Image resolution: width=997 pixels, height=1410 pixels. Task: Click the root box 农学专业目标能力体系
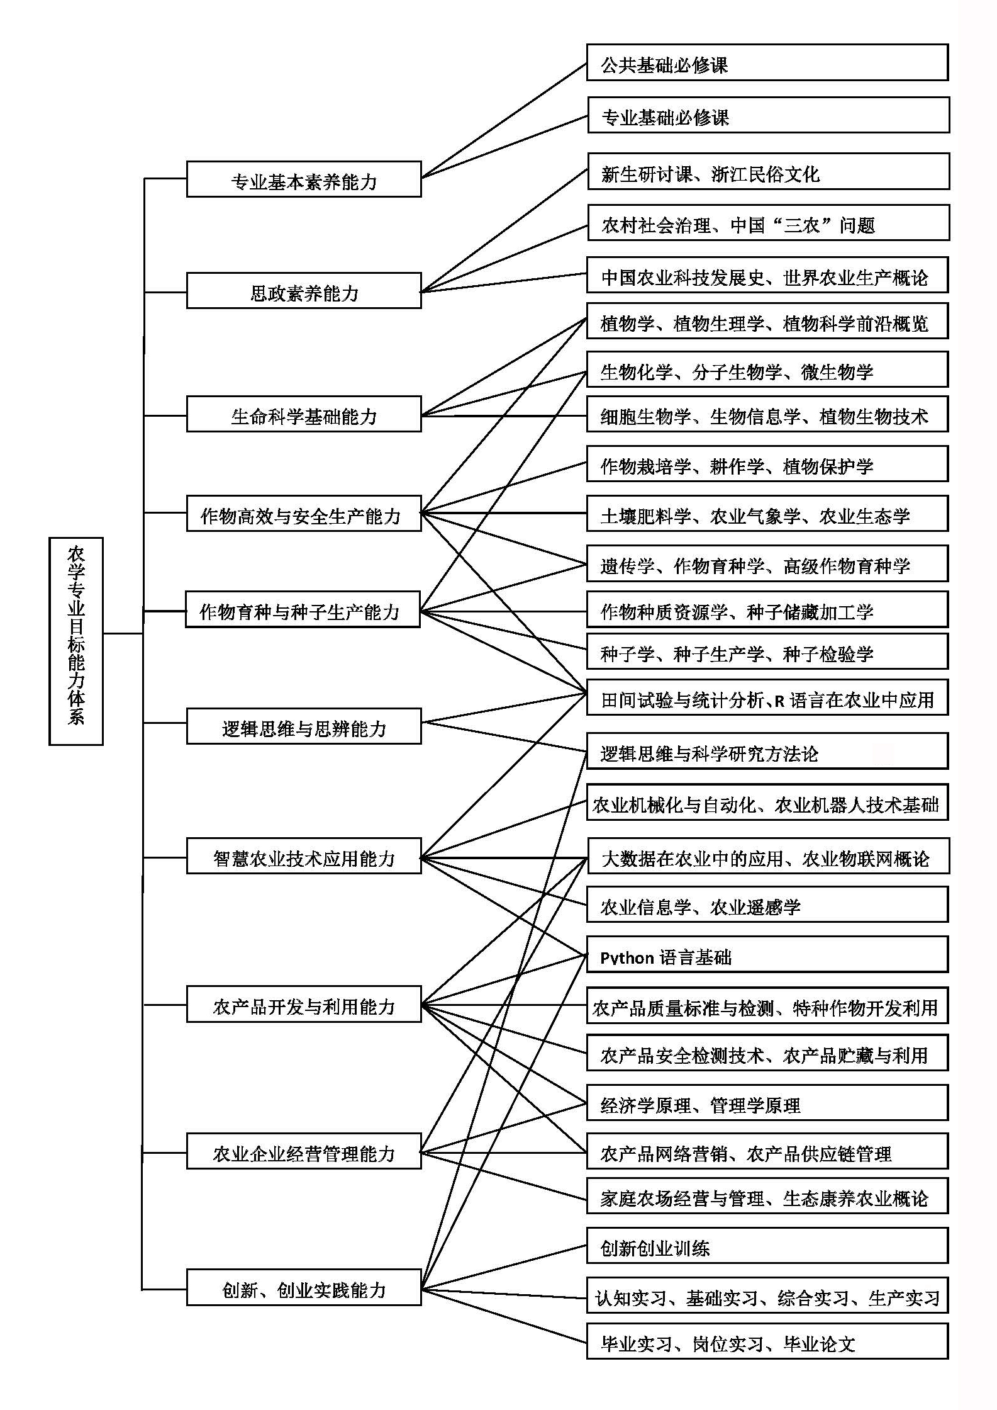tap(75, 641)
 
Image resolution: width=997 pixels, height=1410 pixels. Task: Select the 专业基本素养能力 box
tap(304, 179)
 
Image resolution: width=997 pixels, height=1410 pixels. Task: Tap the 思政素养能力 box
tap(304, 291)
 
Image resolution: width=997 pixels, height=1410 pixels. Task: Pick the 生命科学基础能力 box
tap(304, 414)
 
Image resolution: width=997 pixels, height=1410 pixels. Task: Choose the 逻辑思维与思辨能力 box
tap(304, 726)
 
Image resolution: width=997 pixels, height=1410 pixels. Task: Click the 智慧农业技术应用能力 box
tap(304, 856)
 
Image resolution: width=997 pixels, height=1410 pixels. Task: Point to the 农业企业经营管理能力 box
tap(304, 1151)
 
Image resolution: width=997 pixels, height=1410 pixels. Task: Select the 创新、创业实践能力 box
tap(304, 1287)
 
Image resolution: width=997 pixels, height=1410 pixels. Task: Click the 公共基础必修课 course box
tap(767, 62)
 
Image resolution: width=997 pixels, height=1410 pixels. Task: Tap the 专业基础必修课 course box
tap(768, 115)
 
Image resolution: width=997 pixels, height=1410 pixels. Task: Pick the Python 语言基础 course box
tap(767, 955)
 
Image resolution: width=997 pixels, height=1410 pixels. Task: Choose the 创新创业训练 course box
tap(767, 1246)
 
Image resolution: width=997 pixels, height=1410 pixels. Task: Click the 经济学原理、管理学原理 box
tap(767, 1103)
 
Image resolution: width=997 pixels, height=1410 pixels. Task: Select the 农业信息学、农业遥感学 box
tap(767, 905)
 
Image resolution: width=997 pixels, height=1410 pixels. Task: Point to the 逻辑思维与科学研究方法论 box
tap(767, 751)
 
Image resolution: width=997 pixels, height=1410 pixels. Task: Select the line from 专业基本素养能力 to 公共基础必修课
tap(503, 120)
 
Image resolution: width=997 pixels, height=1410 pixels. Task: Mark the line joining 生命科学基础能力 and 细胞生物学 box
tap(503, 415)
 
